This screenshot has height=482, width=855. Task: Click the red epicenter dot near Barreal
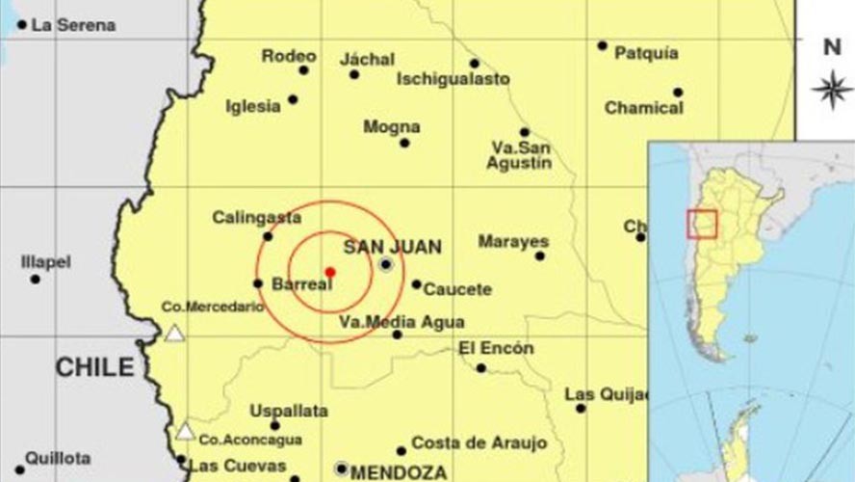pos(329,272)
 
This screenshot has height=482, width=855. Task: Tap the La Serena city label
pos(73,25)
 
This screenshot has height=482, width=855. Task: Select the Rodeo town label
pos(289,56)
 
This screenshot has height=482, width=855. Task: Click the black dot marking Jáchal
pos(354,74)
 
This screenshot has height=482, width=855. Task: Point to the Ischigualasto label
pos(453,79)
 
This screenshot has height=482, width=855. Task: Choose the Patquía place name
pos(646,53)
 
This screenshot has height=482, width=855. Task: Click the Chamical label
pos(643,108)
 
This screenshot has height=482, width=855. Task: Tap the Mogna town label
pos(391,126)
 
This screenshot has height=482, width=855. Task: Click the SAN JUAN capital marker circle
pos(386,264)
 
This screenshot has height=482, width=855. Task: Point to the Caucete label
pos(457,289)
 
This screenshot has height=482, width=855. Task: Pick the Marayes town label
pos(513,241)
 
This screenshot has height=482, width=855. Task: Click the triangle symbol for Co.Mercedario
pos(174,334)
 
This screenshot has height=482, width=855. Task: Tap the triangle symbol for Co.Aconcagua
pos(185,431)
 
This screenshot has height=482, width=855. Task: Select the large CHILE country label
pos(94,367)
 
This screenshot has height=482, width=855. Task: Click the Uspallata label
pos(289,411)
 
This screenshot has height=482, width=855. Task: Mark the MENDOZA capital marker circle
pos(341,469)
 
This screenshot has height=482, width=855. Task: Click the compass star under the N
pos(832,90)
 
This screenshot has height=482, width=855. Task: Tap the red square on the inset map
pos(701,224)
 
